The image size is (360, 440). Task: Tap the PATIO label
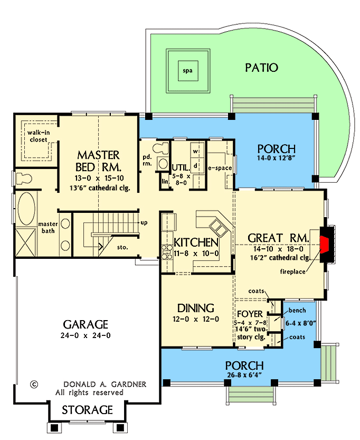tap(261, 68)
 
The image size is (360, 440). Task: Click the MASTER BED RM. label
tap(98, 161)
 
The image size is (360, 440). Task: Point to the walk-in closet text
tap(37, 136)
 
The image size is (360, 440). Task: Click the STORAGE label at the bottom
tap(88, 410)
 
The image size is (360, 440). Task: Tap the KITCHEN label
tap(196, 242)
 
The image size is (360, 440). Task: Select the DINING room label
tap(195, 308)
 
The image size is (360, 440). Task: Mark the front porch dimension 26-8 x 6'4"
tap(244, 376)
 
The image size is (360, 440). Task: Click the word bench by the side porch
tap(295, 310)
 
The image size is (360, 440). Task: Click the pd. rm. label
tap(147, 160)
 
